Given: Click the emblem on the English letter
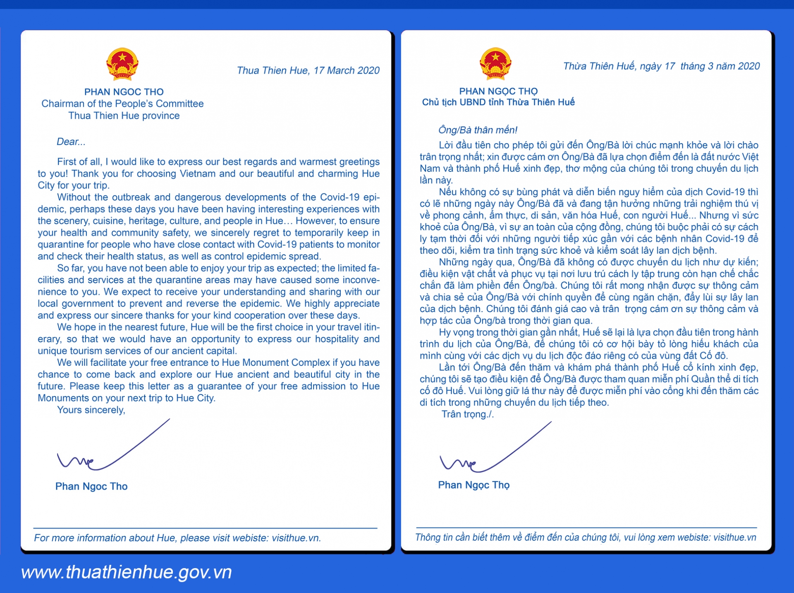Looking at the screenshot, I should (122, 64).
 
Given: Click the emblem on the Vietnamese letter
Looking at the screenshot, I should (495, 63).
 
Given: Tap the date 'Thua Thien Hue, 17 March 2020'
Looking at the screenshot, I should (308, 70).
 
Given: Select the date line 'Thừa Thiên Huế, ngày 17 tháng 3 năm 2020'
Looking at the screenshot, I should (661, 66).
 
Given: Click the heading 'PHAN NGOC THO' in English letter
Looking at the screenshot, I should (124, 92).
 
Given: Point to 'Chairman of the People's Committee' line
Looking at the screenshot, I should (122, 103).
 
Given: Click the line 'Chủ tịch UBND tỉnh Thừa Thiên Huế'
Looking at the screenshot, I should (498, 102).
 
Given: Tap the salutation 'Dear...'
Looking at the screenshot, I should (71, 142).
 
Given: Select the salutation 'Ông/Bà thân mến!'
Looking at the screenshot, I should (478, 130).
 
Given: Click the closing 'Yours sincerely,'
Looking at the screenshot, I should (91, 410).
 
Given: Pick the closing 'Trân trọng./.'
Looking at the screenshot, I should (467, 414).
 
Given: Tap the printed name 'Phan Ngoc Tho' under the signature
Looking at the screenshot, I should (91, 486).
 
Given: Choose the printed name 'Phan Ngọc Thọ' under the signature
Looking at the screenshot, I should (474, 485).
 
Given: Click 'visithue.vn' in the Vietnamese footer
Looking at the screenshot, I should (735, 537).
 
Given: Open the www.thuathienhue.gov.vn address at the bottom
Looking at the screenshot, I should (127, 572).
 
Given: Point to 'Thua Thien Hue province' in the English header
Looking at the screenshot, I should (124, 115).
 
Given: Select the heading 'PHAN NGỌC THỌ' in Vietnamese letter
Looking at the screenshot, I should (498, 91).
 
